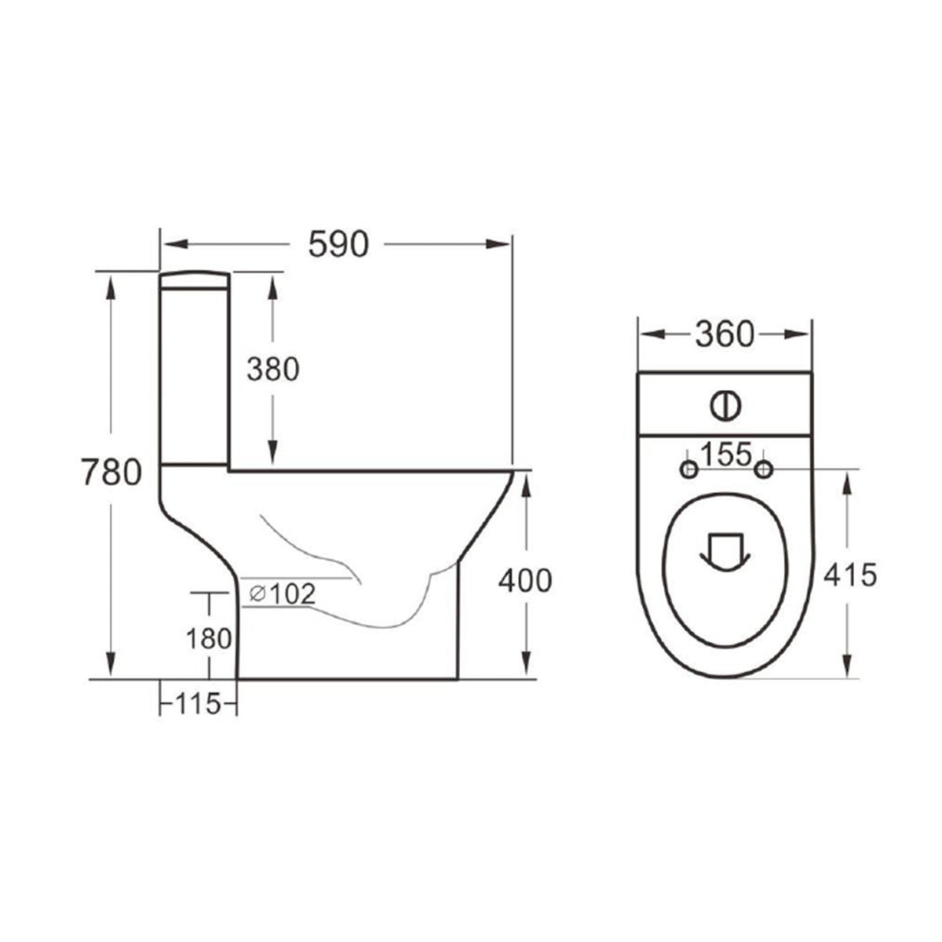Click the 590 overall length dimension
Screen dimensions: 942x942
[x=338, y=245]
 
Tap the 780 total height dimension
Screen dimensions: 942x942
[x=111, y=473]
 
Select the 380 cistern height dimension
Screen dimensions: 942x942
[x=272, y=369]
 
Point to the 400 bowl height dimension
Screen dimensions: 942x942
[x=526, y=580]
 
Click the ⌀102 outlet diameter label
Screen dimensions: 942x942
[x=283, y=594]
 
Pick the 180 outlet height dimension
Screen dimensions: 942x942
[x=209, y=638]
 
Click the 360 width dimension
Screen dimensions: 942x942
[x=724, y=335]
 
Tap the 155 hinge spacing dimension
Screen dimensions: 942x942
[x=725, y=454]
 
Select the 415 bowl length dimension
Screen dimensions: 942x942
[x=849, y=575]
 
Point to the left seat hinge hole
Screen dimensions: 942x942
[x=688, y=469]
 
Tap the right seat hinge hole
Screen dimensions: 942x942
[x=762, y=469]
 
